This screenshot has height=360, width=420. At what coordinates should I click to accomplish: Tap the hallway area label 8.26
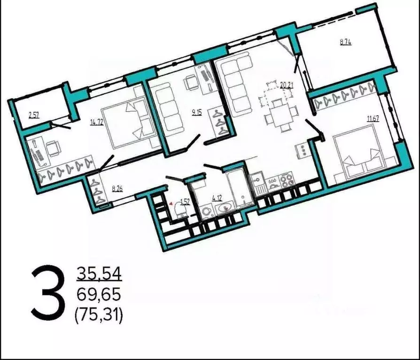pos(117,190)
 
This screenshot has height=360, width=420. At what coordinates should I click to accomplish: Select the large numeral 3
pos(47,292)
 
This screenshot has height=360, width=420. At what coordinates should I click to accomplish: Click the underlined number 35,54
pos(99,273)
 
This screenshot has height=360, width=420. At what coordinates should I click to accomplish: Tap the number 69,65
pos(99,295)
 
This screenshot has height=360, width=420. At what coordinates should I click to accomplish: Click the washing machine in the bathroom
pos(206,212)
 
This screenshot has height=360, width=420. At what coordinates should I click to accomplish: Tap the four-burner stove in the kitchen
pos(286,180)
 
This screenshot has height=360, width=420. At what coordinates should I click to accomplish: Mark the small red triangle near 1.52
pos(171,204)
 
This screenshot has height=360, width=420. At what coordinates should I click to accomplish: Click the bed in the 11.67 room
pos(362,157)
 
